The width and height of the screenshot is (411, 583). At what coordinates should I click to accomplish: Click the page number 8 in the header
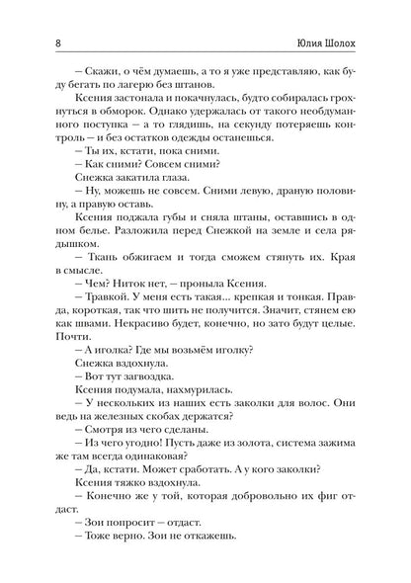click(x=36, y=44)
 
